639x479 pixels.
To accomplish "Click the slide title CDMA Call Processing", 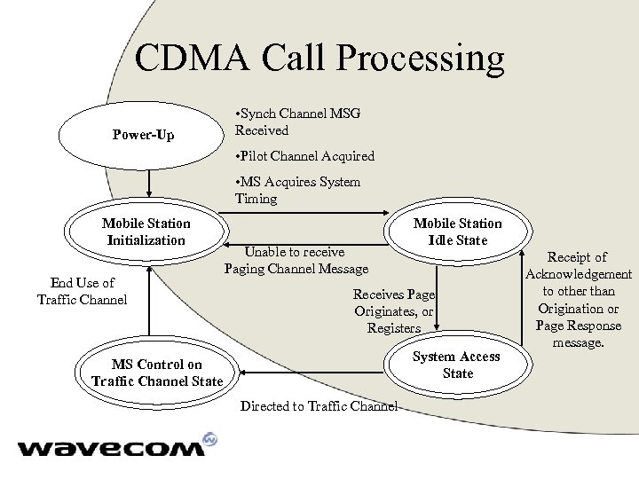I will coord(319,59).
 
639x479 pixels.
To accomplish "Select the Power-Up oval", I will coord(143,136).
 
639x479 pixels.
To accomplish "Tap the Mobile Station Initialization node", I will coord(146,232).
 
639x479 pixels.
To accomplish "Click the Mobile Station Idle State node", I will coord(457,232).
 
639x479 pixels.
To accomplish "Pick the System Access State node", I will coord(457,365).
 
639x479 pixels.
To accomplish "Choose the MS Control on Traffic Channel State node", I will coord(157,373).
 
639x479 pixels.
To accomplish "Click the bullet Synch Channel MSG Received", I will coord(297,122).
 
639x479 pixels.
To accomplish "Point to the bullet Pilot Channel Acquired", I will coord(304,156).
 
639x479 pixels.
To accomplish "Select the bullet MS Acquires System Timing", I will coord(297,190).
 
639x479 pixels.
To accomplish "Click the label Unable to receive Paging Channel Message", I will coord(296,261).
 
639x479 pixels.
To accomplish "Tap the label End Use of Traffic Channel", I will coord(83,291).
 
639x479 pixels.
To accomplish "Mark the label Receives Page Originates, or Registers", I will coord(394,311).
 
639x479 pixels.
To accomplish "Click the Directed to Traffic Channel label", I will coord(319,406).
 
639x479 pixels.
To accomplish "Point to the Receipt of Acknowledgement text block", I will coord(578,299).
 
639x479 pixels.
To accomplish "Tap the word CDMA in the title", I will coord(189,59).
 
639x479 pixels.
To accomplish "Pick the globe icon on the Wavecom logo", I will coord(210,439).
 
